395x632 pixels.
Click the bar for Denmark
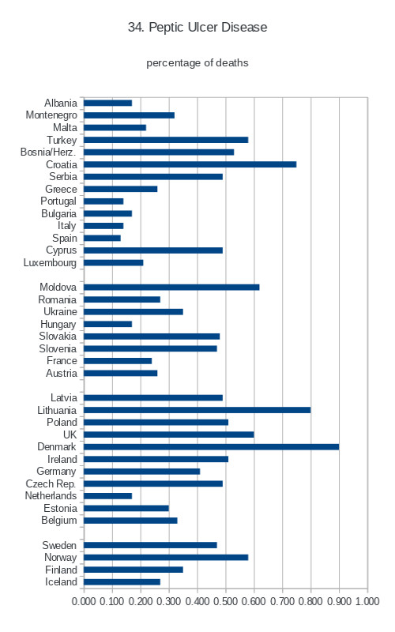(211, 446)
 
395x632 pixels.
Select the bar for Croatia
(190, 164)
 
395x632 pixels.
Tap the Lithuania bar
(197, 410)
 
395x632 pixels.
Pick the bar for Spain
(102, 239)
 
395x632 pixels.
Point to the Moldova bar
(171, 288)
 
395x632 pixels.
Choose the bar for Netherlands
(107, 496)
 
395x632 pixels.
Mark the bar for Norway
(166, 558)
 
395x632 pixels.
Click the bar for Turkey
(166, 140)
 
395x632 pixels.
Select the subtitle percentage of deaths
(197, 63)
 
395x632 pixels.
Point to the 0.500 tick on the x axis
(226, 601)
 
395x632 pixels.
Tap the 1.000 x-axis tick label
(367, 601)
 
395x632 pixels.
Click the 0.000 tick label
(84, 601)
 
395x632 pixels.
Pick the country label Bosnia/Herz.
(48, 152)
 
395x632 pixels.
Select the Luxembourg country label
(50, 263)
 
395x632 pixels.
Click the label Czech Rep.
(51, 483)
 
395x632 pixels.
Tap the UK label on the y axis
(70, 434)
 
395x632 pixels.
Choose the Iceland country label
(61, 582)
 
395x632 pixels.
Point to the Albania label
(61, 103)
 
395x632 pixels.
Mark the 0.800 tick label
(310, 601)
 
